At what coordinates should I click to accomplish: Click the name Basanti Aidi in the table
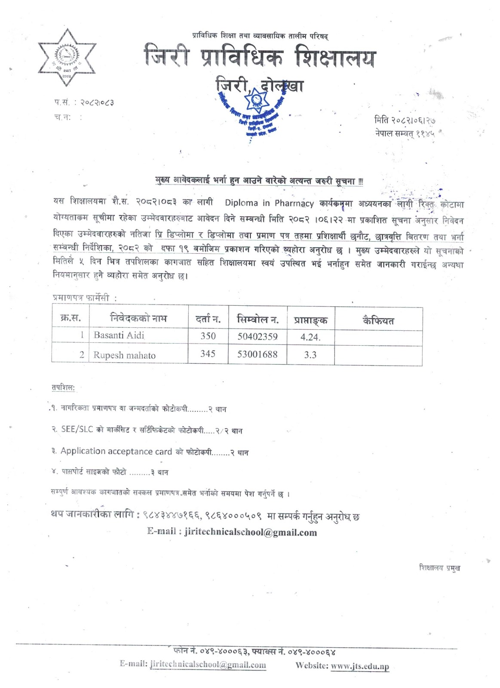pos(119,335)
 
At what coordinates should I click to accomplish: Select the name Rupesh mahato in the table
pos(124,355)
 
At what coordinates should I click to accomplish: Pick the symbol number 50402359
pos(258,336)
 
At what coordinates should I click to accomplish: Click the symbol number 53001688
pos(258,354)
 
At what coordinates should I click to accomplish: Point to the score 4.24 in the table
pos(310,337)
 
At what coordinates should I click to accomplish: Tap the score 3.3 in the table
pos(310,355)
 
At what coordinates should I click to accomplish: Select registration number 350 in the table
pos(208,336)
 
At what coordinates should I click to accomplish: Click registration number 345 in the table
pos(208,354)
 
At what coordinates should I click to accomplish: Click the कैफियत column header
pos(378,320)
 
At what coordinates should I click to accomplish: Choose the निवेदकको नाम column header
pos(138,318)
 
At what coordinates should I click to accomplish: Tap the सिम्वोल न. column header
pos(258,319)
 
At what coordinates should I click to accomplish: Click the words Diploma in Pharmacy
pos(269,203)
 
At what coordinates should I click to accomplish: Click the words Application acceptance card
pos(116,451)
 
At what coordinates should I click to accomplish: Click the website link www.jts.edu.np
pos(360,666)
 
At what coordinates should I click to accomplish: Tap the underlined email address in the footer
pos(208,665)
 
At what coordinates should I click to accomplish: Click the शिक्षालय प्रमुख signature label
pos(439,568)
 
